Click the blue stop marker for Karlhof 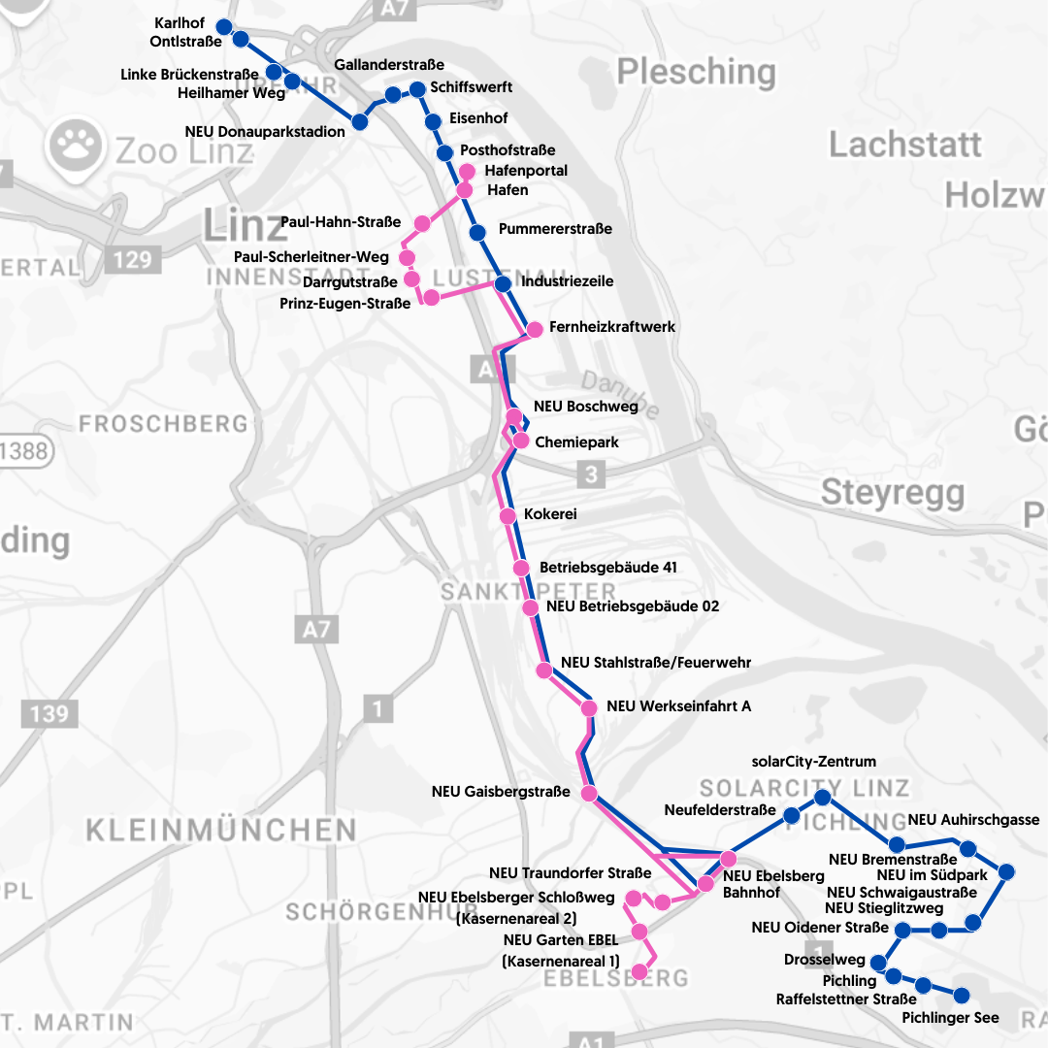coord(223,26)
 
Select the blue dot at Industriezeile coord(503,283)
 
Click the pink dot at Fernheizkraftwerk coord(534,329)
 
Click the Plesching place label coord(696,72)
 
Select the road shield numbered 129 coord(131,259)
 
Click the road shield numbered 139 coord(49,714)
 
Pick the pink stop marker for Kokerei coord(508,515)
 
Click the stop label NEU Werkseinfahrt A coord(678,706)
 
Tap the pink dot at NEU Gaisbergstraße coord(589,793)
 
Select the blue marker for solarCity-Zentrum coord(822,798)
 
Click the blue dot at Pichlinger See coord(962,996)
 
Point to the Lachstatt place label coord(904,145)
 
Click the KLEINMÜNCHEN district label coord(221,831)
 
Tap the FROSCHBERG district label coord(164,424)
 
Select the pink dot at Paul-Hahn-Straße coord(422,223)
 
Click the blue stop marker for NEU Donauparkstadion coord(360,122)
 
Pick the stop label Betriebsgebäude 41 coord(608,568)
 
